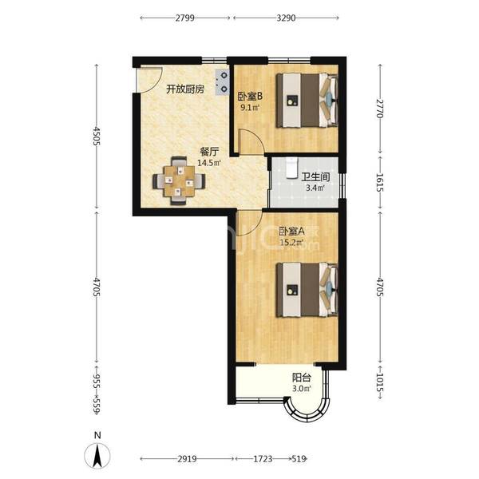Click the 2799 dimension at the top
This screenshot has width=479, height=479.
(185, 18)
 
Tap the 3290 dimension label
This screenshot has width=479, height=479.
(287, 18)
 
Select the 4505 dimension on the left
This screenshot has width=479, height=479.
(97, 136)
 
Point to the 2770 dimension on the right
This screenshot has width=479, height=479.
(380, 108)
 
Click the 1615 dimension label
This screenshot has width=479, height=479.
(380, 182)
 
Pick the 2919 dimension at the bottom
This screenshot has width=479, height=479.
(188, 458)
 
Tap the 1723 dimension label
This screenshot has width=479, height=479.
(263, 458)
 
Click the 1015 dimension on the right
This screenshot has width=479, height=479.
(380, 382)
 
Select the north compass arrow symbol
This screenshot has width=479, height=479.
(97, 456)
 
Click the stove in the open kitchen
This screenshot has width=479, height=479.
(222, 82)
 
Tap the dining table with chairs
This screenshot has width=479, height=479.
(179, 180)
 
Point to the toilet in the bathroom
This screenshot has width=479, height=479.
(292, 168)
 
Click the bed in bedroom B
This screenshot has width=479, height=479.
(307, 101)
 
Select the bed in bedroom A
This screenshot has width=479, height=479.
(307, 290)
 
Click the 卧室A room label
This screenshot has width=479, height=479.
(291, 232)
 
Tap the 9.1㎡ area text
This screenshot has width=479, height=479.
(250, 107)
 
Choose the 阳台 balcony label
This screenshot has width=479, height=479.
(302, 378)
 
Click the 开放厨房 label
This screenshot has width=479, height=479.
(185, 89)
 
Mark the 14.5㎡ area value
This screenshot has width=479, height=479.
(209, 163)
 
